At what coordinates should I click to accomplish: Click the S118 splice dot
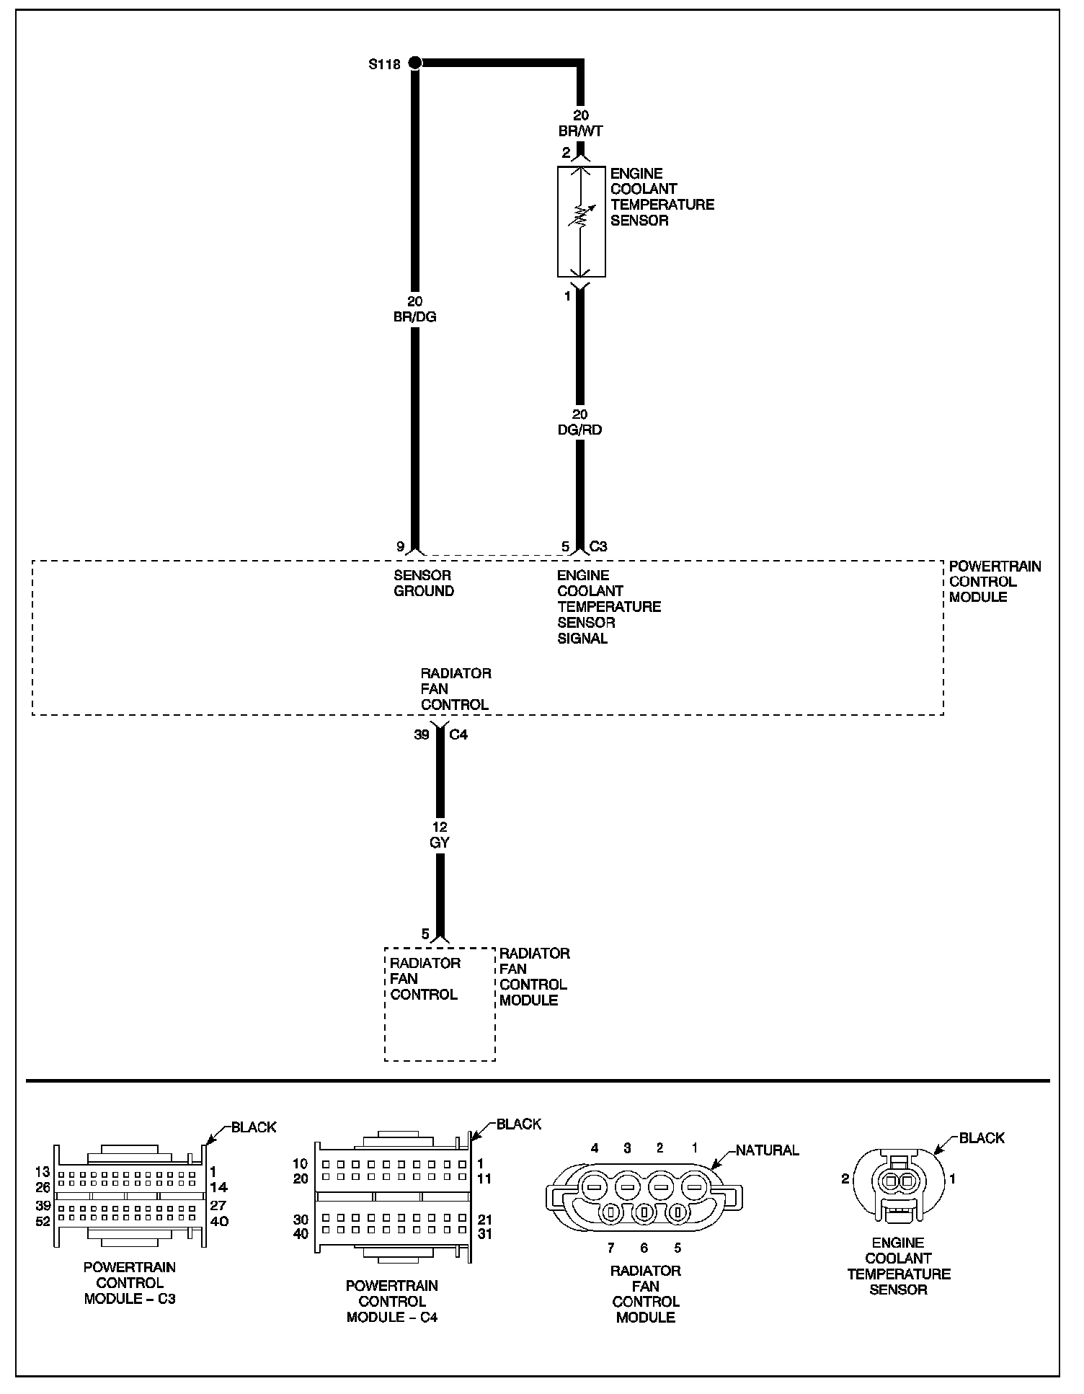click(414, 63)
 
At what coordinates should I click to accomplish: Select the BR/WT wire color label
click(580, 131)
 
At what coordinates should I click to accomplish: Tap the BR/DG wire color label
click(415, 316)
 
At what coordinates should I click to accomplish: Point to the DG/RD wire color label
click(580, 430)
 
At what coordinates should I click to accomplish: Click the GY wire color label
click(440, 842)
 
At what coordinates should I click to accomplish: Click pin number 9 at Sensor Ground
click(400, 546)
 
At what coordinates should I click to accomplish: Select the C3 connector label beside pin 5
click(598, 546)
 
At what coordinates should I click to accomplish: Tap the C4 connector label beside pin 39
click(458, 734)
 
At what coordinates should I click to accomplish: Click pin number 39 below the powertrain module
click(422, 734)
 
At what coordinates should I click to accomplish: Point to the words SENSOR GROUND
click(424, 583)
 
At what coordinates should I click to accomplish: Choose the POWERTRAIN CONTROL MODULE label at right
click(995, 582)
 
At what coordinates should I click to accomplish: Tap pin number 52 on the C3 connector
click(43, 1221)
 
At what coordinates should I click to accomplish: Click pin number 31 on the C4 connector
click(484, 1233)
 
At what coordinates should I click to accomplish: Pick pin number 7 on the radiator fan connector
click(611, 1248)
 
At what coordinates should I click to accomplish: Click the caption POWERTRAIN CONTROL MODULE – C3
click(130, 1282)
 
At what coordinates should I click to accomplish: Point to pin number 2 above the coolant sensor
click(566, 153)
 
